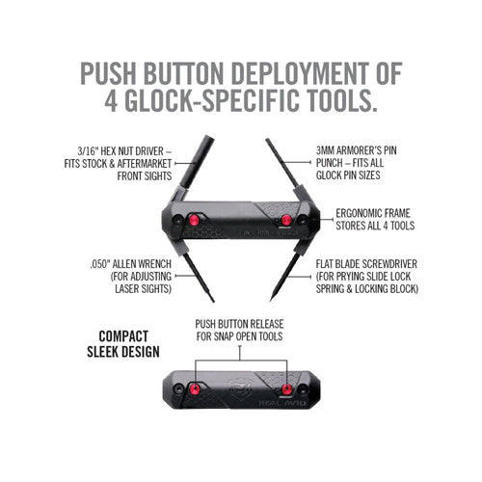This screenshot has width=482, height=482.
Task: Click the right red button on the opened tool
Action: tap(286, 221)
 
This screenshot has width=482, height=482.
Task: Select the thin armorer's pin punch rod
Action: tap(280, 169)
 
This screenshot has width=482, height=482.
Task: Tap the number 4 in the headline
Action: tap(118, 100)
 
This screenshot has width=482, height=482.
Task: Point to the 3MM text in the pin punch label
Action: tap(330, 151)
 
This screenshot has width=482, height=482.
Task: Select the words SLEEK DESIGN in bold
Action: tap(123, 353)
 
